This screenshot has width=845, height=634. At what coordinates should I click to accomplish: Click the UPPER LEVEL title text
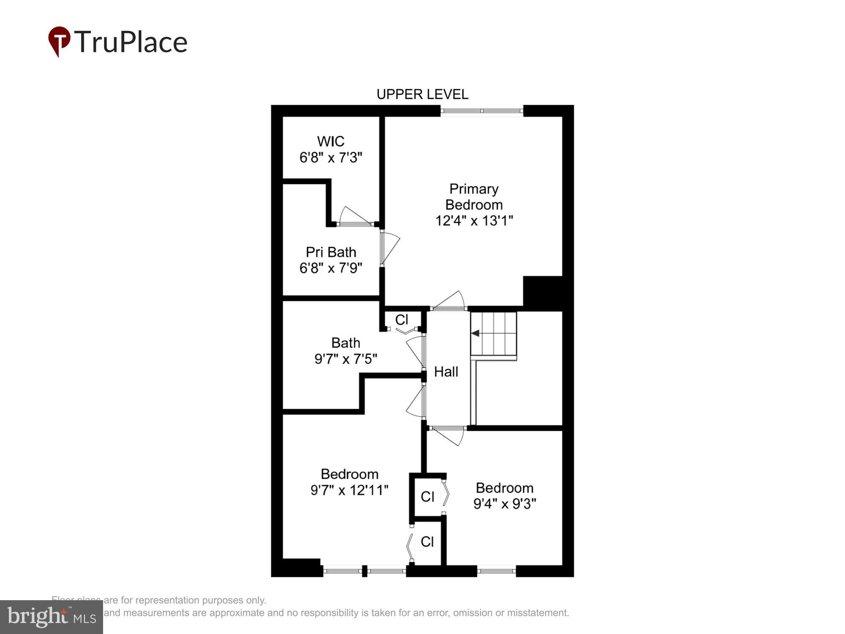tap(422, 94)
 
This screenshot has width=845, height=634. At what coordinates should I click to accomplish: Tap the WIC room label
tap(331, 141)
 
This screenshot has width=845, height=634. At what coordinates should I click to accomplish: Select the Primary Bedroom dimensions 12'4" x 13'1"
tap(474, 221)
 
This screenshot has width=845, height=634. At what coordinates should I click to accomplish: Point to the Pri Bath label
tap(331, 252)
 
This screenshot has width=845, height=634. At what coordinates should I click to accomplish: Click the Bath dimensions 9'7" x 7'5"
tap(346, 359)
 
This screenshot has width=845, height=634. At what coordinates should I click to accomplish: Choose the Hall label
tap(446, 372)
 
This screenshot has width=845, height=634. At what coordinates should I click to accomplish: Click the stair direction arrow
tap(475, 333)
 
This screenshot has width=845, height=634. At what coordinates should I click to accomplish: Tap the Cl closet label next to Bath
tap(402, 320)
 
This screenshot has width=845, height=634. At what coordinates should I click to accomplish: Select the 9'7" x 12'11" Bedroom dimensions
tap(349, 490)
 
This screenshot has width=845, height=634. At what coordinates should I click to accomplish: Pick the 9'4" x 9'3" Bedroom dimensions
tap(504, 504)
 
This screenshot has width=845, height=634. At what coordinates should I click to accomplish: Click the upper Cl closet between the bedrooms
tap(428, 497)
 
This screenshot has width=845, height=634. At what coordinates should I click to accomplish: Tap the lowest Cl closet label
tap(427, 542)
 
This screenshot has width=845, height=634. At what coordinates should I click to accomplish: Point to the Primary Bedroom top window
tap(482, 111)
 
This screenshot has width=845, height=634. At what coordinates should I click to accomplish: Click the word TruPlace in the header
tap(131, 42)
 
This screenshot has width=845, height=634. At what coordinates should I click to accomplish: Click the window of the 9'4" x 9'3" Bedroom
tap(496, 571)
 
